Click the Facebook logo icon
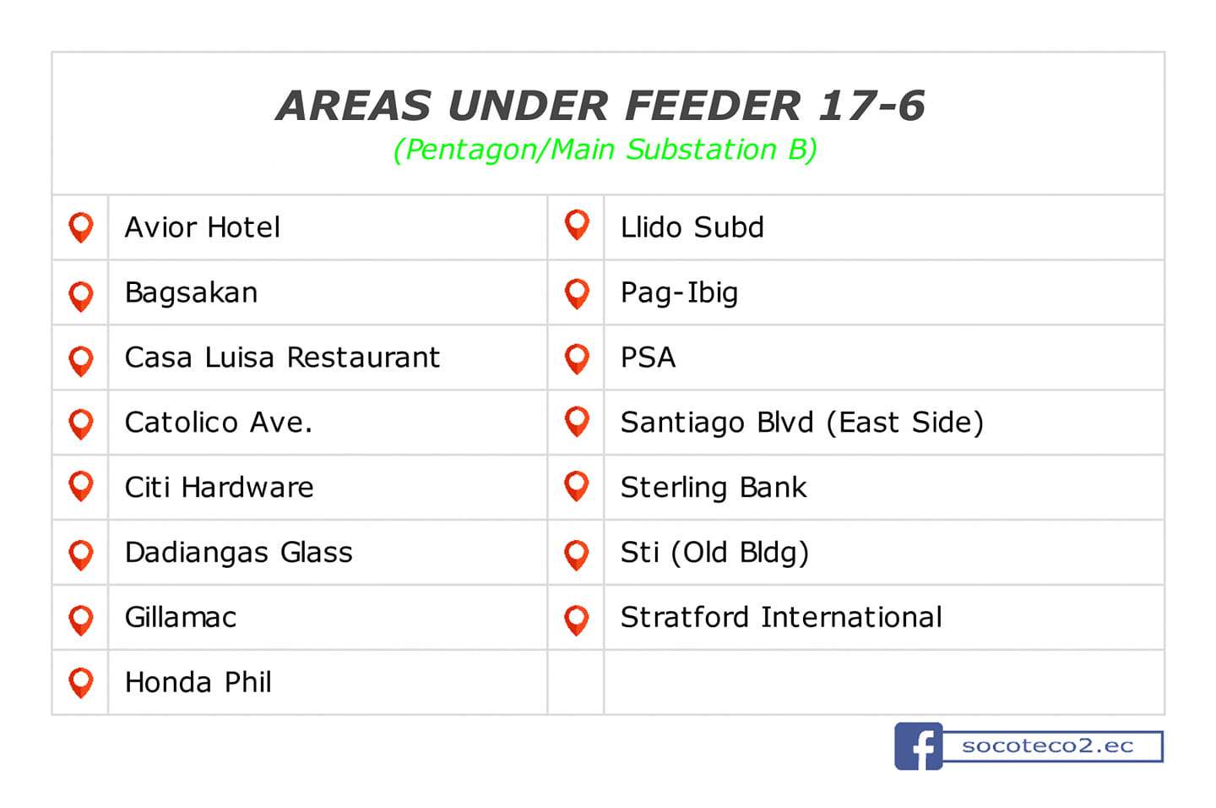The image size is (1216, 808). click(918, 746)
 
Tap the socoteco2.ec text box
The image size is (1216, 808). click(1052, 746)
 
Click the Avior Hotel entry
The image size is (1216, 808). click(202, 227)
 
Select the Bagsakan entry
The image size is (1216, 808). click(191, 293)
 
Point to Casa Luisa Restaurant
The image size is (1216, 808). click(282, 358)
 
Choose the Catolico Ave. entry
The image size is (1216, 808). click(219, 423)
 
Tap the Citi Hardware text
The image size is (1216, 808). click(220, 488)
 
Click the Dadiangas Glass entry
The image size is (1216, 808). click(239, 553)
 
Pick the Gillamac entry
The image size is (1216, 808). click(181, 617)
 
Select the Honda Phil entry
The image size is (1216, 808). click(198, 682)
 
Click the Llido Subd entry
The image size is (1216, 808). click(692, 227)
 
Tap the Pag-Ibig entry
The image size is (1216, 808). click(679, 293)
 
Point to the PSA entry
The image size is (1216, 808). click(649, 358)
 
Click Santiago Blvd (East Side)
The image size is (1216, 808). click(802, 423)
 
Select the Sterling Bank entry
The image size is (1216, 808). click(714, 488)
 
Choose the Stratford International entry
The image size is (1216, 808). click(781, 617)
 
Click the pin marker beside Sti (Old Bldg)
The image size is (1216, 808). click(577, 554)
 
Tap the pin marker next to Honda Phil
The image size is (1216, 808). click(81, 682)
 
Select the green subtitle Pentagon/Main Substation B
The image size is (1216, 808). click(605, 150)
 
